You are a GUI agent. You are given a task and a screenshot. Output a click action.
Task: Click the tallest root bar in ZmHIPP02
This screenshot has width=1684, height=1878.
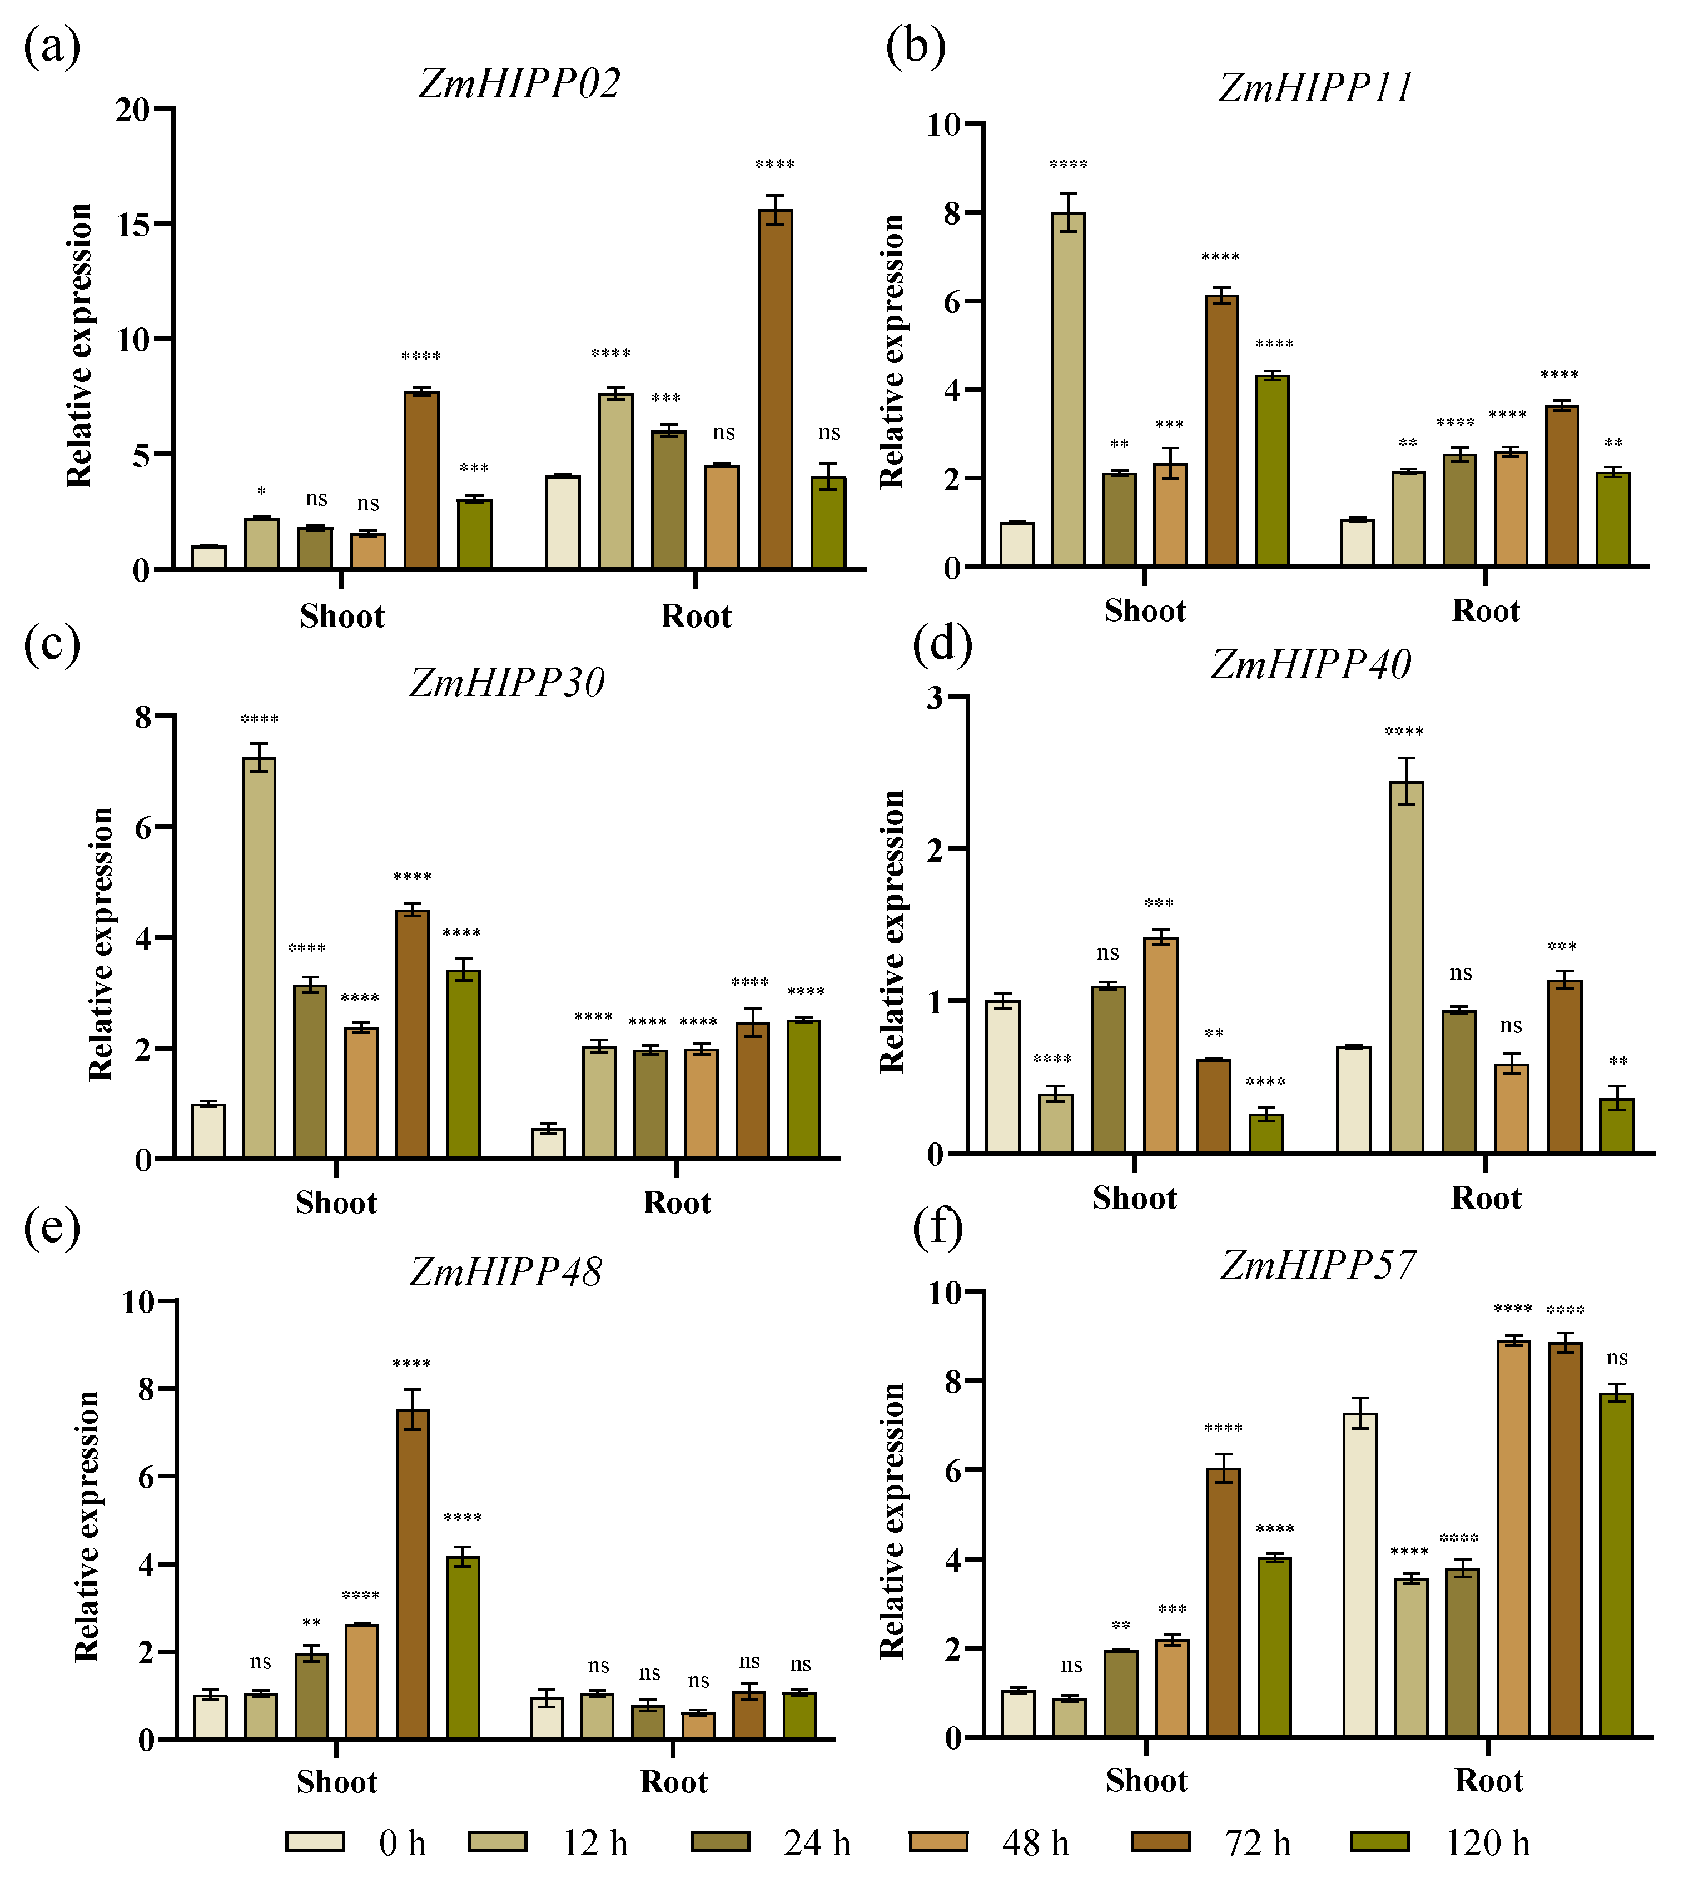(x=776, y=389)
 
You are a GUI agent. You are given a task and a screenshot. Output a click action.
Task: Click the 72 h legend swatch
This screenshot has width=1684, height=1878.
(x=1160, y=1841)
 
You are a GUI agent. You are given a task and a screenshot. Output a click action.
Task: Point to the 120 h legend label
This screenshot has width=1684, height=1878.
(x=1487, y=1843)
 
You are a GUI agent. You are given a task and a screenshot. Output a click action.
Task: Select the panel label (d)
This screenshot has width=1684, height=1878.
(x=942, y=645)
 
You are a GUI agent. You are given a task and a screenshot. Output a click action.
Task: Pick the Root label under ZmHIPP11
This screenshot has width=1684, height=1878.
(x=1485, y=610)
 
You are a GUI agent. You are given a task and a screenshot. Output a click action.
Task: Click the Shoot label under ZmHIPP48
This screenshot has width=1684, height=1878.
(x=337, y=1782)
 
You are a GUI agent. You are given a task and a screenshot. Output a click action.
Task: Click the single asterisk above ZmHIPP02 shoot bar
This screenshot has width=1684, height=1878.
(x=262, y=491)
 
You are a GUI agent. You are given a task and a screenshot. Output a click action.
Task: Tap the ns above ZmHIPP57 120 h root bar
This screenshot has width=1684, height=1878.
(x=1617, y=1358)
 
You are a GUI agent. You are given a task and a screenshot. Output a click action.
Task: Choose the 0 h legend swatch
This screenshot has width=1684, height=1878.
(x=316, y=1841)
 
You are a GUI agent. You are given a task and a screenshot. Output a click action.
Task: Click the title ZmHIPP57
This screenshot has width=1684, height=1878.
(x=1318, y=1265)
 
